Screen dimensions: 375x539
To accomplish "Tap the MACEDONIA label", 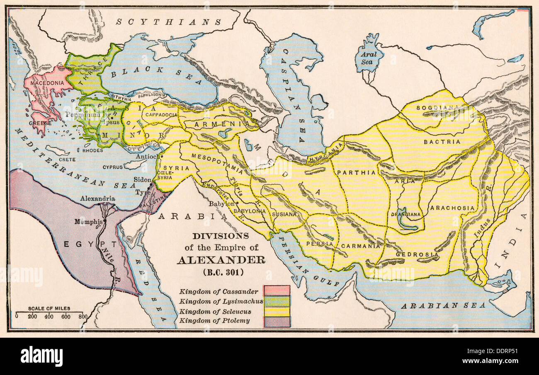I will tap(46, 83).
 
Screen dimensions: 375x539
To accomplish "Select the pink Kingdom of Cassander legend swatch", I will tap(277, 290).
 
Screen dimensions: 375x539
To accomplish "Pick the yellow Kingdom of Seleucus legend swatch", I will tap(277, 311).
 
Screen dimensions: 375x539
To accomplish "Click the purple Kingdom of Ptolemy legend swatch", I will tap(277, 322).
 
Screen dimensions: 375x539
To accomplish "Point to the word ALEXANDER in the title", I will tap(221, 260).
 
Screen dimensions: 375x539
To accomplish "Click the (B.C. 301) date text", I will tap(221, 272).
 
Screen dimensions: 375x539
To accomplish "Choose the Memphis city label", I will tap(88, 222).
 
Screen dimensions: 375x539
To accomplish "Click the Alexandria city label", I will tap(97, 198).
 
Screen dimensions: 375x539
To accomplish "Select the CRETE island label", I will tap(67, 160).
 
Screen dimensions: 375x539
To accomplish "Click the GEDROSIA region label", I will tap(411, 254).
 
